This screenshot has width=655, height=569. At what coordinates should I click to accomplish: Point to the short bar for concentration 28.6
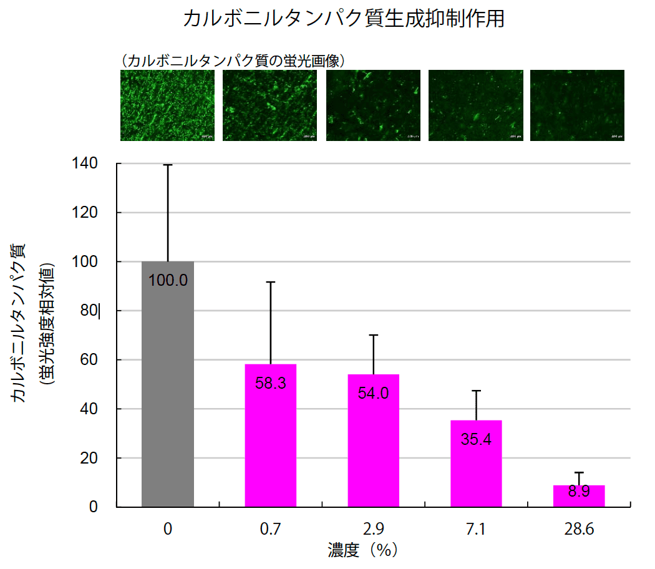579,497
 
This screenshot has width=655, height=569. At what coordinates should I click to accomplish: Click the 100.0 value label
168,280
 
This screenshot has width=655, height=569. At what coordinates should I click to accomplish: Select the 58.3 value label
271,383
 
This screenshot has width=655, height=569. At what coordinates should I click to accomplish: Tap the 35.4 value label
476,439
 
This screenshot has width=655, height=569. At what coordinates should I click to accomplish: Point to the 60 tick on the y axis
89,360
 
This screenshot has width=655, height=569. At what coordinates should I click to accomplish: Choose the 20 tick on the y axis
89,459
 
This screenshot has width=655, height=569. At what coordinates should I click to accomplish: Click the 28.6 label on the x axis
579,530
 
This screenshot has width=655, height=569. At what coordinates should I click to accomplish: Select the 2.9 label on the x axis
373,530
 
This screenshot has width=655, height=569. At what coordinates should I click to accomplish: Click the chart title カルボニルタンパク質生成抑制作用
344,19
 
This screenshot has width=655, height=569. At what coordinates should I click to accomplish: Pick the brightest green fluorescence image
167,105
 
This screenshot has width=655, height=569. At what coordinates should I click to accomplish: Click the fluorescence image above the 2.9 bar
372,105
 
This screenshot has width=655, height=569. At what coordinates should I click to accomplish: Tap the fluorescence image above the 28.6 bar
577,105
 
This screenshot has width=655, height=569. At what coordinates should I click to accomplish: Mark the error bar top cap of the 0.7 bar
271,282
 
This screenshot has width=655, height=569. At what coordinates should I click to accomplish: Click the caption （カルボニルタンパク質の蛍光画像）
234,60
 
